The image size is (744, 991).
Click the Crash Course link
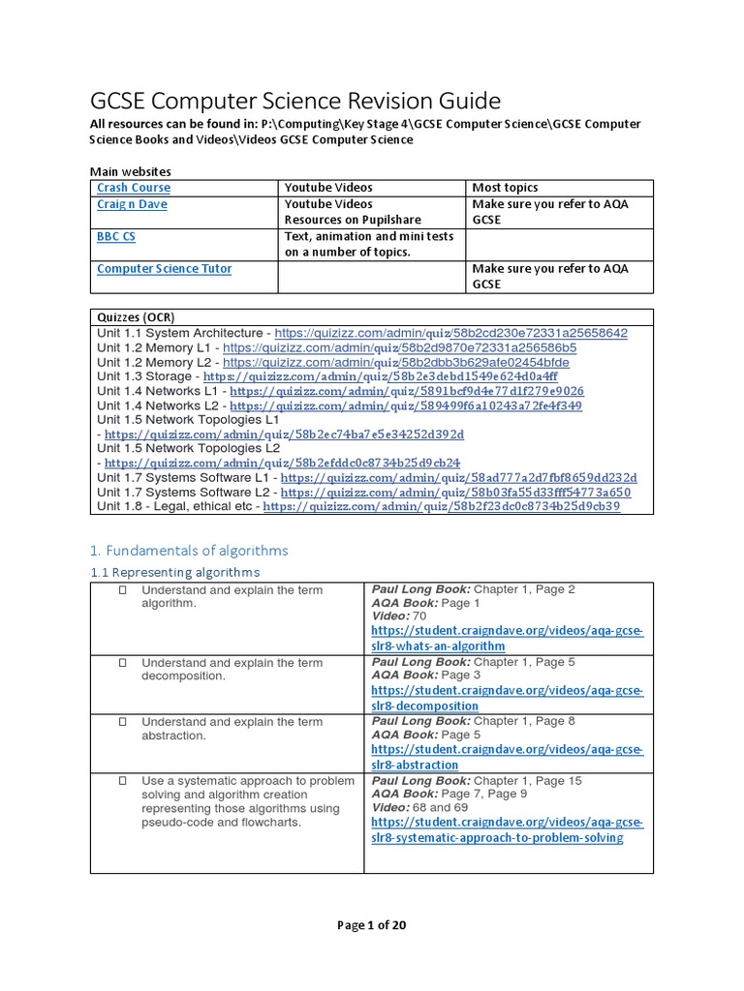coord(134,187)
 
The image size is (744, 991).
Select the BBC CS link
coord(116,236)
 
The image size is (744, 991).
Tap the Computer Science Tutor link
coord(165,268)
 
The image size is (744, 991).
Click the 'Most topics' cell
coord(505,187)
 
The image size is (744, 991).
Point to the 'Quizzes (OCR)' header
coord(137,317)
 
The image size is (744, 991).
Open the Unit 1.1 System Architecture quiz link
coord(451,332)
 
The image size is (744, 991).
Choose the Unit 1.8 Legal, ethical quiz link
coord(441,506)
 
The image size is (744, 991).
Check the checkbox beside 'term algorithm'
coord(123,590)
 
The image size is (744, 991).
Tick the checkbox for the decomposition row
coord(123,663)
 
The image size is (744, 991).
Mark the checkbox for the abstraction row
coord(123,722)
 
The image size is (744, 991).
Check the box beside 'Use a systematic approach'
coord(123,781)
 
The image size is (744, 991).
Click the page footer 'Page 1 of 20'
coord(371,924)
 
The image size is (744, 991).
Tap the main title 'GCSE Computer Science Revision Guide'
coord(295,101)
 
